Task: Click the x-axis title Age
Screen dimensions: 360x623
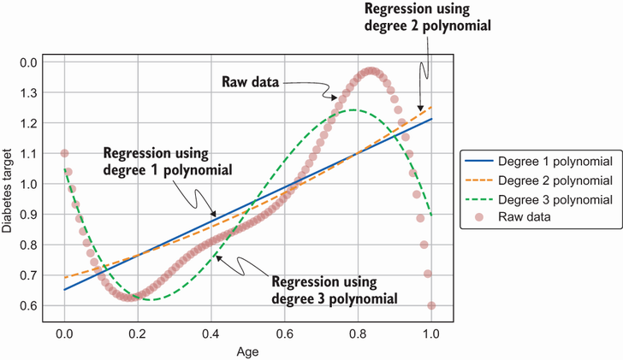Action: point(246,350)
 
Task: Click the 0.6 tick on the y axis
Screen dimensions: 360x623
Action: point(30,306)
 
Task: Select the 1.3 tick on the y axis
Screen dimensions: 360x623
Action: point(30,92)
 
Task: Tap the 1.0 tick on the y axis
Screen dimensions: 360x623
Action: point(30,184)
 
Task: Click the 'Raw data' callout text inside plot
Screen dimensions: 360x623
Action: point(250,82)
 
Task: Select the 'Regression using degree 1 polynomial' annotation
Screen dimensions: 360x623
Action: point(168,162)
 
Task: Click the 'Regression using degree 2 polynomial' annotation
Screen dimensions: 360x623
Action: point(428,17)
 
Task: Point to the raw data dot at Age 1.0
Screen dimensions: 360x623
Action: point(431,305)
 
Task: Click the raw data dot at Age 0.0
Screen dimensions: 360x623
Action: point(64,154)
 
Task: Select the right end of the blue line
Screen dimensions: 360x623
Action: point(431,119)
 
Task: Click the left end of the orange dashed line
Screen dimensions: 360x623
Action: point(65,278)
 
